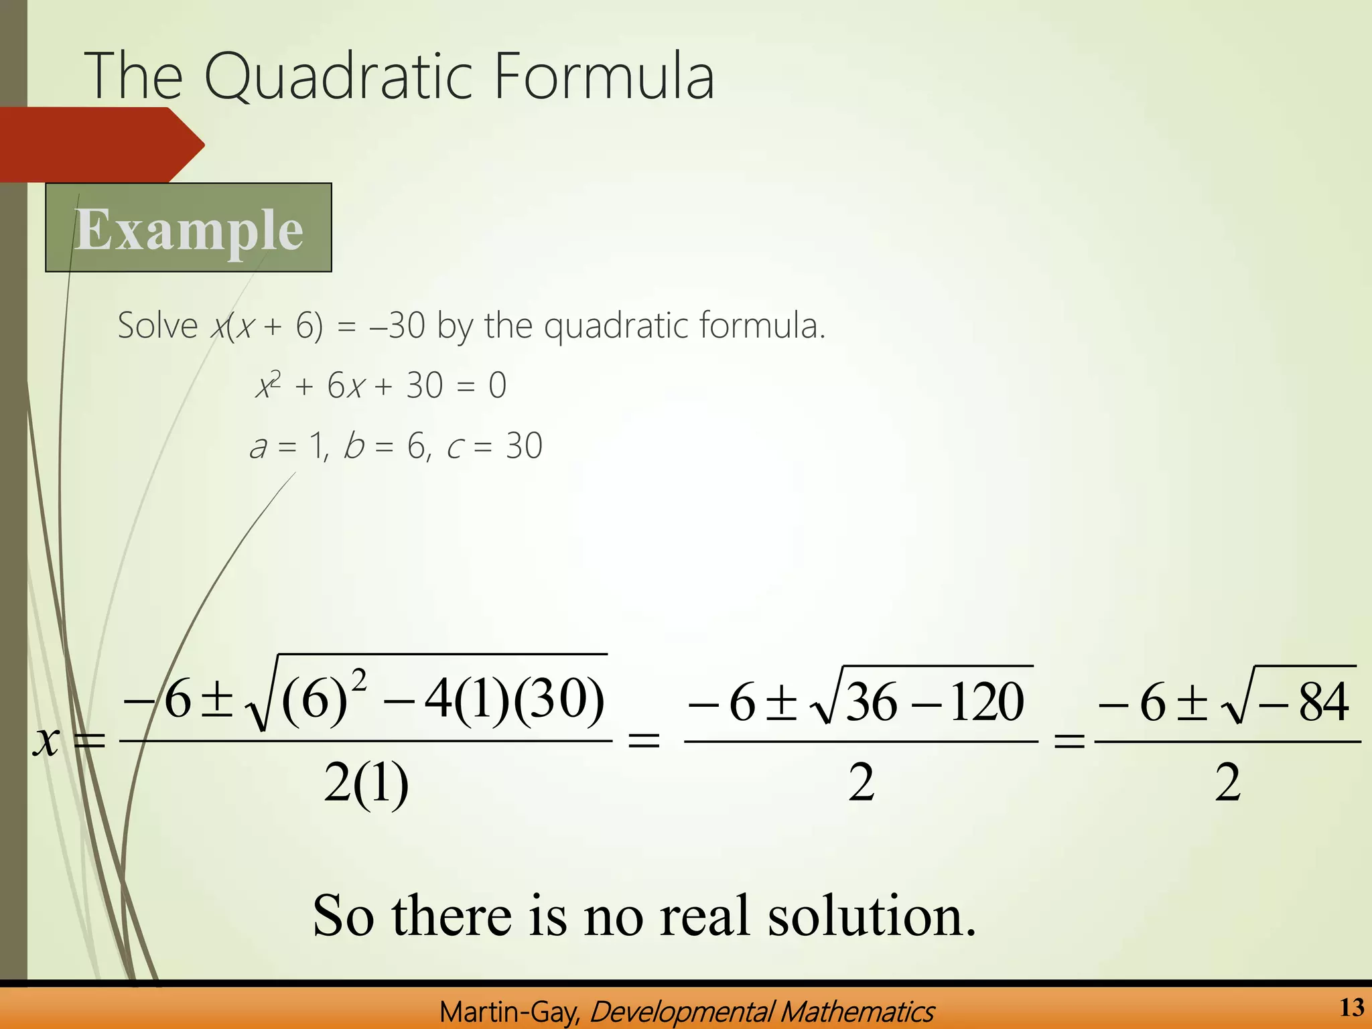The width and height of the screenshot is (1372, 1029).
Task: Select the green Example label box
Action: tap(188, 228)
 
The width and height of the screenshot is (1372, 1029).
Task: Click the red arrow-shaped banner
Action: tap(100, 144)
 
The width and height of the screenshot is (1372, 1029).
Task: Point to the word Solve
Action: tap(157, 326)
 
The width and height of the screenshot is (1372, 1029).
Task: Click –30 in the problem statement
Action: tap(397, 326)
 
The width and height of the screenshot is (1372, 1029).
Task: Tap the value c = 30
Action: tap(494, 446)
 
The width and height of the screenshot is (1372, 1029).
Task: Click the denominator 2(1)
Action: tap(366, 783)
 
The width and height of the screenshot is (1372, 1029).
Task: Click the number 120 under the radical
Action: tap(987, 702)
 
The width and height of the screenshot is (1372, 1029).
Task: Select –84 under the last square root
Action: tap(1303, 702)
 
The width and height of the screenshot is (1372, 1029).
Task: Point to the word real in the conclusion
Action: tap(705, 916)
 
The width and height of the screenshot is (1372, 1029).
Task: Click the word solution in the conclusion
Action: tap(872, 916)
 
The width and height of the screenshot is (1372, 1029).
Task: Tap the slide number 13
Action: tap(1352, 1007)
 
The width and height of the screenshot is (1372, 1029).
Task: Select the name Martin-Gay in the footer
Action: tap(510, 1012)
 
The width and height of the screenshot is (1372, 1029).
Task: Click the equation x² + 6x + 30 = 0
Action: tap(381, 386)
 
